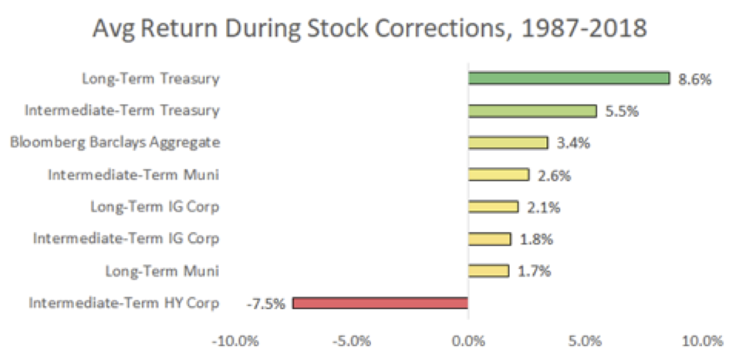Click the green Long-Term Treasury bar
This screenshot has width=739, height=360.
568,78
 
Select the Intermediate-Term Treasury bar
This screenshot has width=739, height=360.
532,111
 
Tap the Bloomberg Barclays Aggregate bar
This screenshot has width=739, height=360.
508,143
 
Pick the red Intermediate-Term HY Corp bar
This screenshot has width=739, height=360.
381,302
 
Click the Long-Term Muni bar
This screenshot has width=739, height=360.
488,271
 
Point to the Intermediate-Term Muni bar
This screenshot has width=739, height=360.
498,174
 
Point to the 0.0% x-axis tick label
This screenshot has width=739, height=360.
469,342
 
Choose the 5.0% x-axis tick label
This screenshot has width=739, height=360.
585,342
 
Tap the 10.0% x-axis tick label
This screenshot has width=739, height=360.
700,342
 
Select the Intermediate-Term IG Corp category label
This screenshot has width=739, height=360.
126,238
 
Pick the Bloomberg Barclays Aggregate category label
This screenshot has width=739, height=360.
115,142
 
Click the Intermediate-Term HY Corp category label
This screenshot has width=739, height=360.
123,302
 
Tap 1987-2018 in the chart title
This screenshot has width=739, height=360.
588,30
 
